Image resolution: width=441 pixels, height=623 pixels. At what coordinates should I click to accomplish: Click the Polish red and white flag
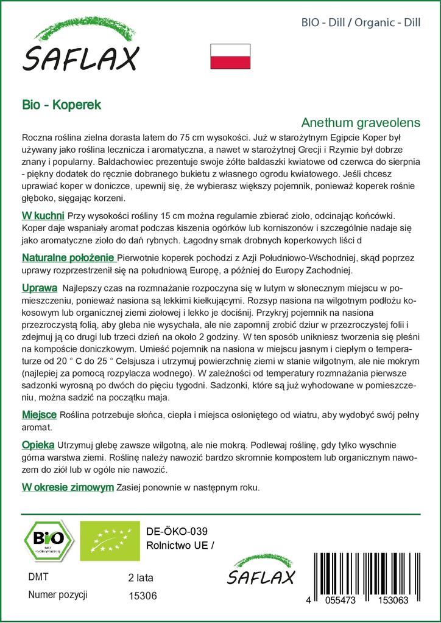coord(230,57)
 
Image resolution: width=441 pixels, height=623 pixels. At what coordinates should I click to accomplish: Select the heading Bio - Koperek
coord(62,104)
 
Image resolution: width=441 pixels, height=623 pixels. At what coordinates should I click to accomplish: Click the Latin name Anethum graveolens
coord(361,122)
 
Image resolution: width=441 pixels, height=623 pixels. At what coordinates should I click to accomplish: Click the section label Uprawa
coord(40,287)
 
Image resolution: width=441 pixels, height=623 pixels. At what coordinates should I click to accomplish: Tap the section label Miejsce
coord(39,414)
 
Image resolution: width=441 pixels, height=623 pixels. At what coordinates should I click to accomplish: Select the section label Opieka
coord(38,445)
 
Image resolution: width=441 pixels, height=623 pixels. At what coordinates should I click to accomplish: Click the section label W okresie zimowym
coord(68,487)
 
